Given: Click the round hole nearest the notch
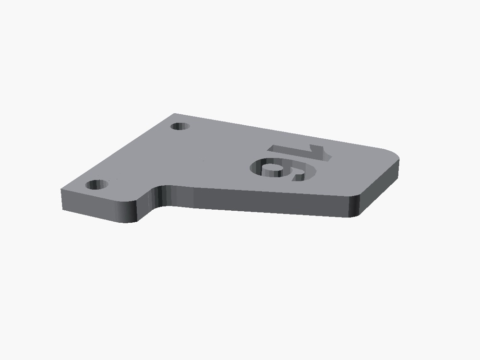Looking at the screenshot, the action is tap(97, 185).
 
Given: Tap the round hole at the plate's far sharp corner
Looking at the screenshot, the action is tap(180, 126).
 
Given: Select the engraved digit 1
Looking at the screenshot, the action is tap(300, 153).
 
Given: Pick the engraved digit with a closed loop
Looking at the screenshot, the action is tap(283, 169).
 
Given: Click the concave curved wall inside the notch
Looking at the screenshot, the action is tap(160, 196).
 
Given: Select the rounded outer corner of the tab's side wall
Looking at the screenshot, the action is tap(129, 212).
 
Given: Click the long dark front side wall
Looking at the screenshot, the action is tap(257, 201).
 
